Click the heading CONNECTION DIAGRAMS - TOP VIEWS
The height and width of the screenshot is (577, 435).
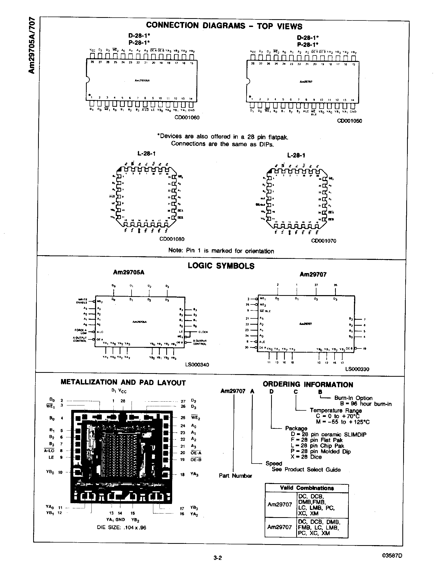click(x=224, y=26)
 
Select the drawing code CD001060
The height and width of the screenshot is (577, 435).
click(x=187, y=117)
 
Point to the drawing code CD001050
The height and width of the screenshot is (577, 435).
click(x=349, y=121)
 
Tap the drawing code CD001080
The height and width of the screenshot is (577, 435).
click(x=172, y=239)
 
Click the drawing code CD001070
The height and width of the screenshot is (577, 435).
click(x=323, y=241)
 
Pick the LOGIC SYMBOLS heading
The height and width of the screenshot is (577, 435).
click(x=221, y=266)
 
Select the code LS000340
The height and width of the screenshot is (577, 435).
click(x=197, y=364)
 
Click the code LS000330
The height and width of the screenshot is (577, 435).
click(x=357, y=369)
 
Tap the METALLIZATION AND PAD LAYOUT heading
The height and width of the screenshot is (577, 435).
click(x=123, y=383)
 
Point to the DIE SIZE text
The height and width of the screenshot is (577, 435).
click(x=121, y=528)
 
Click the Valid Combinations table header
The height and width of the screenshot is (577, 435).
click(x=307, y=488)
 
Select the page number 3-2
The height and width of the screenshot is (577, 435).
click(x=217, y=558)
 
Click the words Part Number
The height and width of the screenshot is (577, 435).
click(x=235, y=475)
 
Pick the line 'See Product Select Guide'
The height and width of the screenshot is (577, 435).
click(x=306, y=469)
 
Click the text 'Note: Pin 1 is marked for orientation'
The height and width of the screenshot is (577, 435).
click(x=221, y=251)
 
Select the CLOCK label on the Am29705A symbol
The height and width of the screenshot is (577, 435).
click(x=203, y=332)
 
